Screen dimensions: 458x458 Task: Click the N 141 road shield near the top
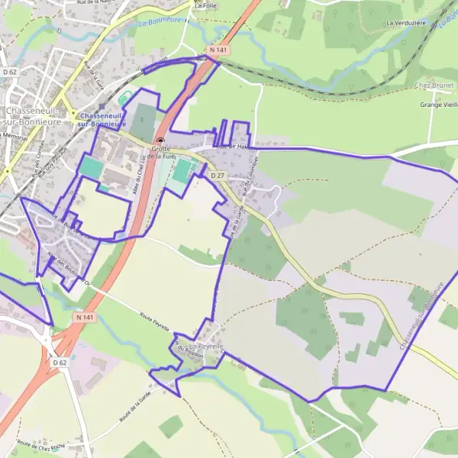[217, 50]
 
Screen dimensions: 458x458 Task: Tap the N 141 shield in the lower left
[84, 315]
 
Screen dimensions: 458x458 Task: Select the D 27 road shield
[217, 176]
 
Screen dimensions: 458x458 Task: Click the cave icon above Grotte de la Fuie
[160, 140]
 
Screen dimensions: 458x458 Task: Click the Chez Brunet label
[434, 85]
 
